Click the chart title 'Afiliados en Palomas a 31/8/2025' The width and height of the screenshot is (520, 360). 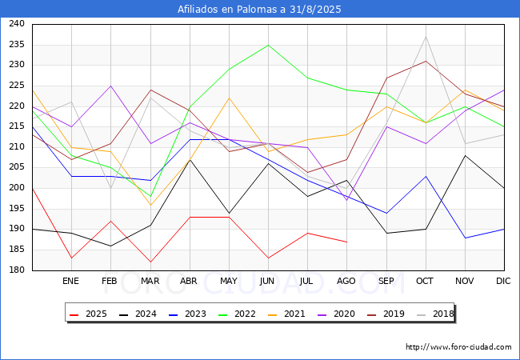tap(259, 9)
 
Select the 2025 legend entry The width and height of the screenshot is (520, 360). tap(89, 314)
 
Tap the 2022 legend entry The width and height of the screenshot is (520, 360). tap(237, 314)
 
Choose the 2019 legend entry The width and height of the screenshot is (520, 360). tap(386, 314)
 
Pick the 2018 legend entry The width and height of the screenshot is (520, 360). tap(435, 314)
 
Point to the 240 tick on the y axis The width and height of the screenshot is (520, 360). tap(17, 23)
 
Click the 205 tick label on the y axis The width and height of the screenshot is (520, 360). tap(17, 167)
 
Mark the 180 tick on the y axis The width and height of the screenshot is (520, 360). tap(17, 270)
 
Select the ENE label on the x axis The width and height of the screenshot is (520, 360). tap(70, 281)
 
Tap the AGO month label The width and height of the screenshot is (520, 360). tap(346, 281)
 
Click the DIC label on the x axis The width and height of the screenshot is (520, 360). tap(503, 281)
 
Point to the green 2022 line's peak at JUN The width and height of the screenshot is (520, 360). tap(268, 45)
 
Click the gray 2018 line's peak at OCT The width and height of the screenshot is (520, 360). tap(426, 37)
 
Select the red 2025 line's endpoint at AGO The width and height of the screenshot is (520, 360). tap(347, 242)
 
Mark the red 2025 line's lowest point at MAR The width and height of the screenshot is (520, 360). tap(150, 262)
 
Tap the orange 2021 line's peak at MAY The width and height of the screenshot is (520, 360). tap(229, 98)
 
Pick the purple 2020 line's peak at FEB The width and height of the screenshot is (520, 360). tap(110, 86)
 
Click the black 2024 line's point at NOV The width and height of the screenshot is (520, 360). tap(466, 155)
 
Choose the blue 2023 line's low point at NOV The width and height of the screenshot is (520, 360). tap(466, 238)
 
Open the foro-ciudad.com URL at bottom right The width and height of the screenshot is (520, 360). tap(458, 347)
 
